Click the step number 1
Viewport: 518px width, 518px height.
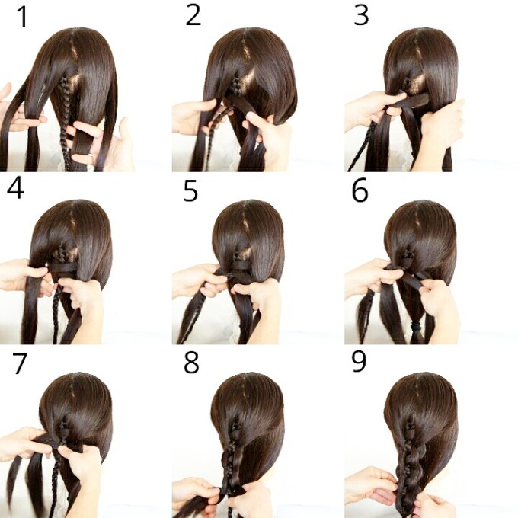coord(23,18)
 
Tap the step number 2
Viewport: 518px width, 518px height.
coord(193,15)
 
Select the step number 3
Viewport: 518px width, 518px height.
coord(361,15)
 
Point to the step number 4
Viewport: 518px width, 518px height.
coord(15,189)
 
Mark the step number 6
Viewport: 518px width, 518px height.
coord(360,190)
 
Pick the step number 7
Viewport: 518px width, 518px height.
coord(20,363)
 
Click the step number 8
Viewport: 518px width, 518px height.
coord(191,363)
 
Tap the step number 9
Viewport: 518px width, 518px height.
coord(359,361)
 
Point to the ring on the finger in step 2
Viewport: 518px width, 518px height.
coord(219,115)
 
